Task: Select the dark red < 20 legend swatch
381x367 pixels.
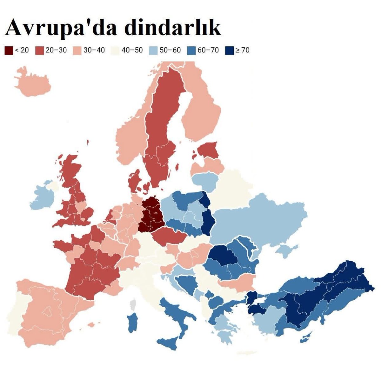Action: (x=9, y=50)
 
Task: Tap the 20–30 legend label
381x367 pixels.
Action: (x=56, y=50)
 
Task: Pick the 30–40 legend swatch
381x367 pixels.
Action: (x=77, y=50)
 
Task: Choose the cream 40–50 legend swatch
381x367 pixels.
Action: (x=115, y=50)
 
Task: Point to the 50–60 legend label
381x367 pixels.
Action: (x=170, y=50)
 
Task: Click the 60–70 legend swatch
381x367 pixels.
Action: (x=191, y=50)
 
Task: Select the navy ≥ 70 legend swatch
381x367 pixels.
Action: (x=229, y=50)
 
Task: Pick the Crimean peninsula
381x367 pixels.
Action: (x=286, y=251)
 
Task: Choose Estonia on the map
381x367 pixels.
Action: (x=208, y=150)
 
